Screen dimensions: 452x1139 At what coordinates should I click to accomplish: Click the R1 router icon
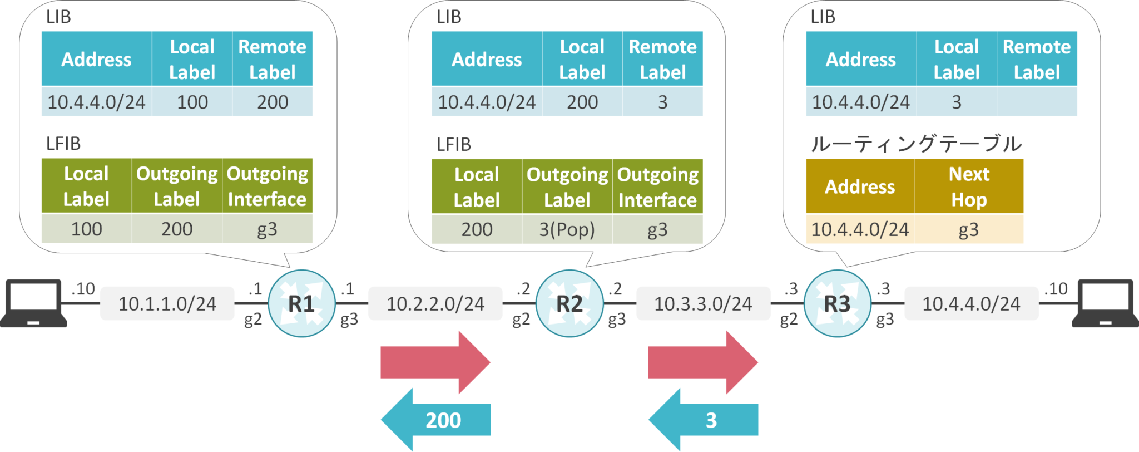[x=301, y=303]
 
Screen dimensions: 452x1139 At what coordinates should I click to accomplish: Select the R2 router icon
[x=569, y=303]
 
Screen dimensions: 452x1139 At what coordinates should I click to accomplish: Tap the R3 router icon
[x=837, y=303]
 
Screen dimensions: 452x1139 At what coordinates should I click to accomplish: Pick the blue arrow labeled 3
[x=704, y=420]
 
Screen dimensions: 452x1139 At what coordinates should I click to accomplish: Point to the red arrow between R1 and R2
[x=435, y=362]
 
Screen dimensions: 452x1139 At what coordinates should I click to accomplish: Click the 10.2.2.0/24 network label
[x=435, y=304]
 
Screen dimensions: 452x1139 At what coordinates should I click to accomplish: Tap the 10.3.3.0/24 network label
[x=703, y=304]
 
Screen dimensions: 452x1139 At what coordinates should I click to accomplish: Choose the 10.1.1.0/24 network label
[x=167, y=304]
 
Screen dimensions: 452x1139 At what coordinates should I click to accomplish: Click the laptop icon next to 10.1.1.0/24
[x=33, y=303]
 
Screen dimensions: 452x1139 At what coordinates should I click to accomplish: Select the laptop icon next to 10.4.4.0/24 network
[x=1105, y=303]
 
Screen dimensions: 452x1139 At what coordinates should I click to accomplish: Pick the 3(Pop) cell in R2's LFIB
[x=567, y=229]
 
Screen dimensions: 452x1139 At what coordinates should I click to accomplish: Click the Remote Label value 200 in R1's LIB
[x=273, y=102]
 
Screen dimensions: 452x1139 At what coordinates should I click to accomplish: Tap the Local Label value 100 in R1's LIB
[x=192, y=102]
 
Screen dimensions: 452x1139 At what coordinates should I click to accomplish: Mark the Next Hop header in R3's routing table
[x=969, y=186]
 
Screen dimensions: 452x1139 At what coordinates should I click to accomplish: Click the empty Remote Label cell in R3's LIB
[x=1037, y=102]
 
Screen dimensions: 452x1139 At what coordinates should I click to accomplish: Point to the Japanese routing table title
[x=916, y=144]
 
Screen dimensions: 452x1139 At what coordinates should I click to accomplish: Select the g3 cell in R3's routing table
[x=969, y=229]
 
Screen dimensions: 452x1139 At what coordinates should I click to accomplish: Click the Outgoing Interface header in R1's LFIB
[x=267, y=186]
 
